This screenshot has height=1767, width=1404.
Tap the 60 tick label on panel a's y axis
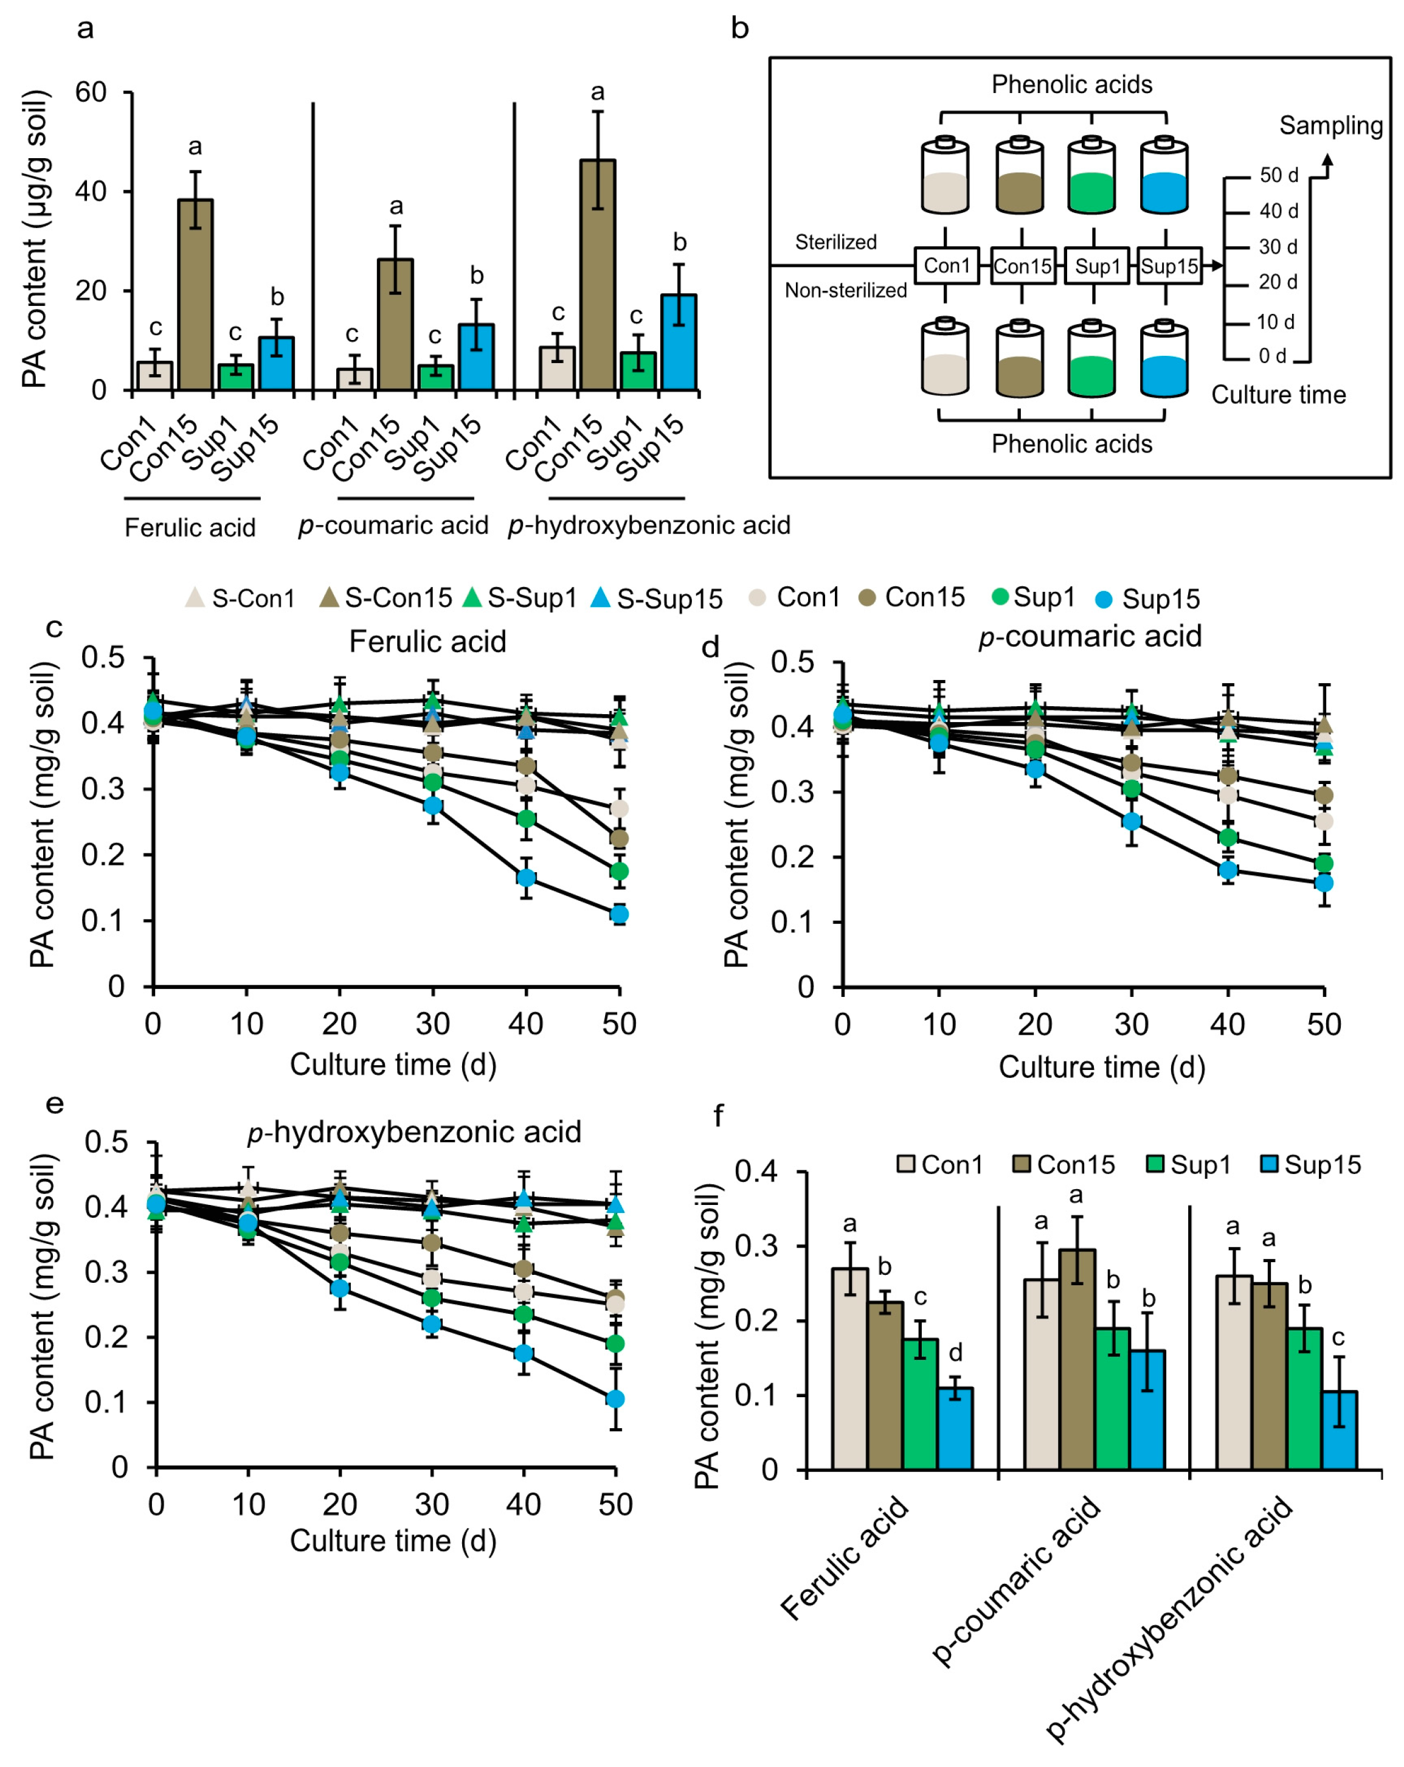91,92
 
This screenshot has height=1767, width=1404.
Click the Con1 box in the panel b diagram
946,266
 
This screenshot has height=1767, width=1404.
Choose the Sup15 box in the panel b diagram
1169,266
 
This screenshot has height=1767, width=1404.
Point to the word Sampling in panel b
1330,125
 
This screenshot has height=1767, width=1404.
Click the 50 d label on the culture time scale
1279,175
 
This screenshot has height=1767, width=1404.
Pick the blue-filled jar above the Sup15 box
1164,177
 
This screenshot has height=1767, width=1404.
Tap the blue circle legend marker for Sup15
1104,599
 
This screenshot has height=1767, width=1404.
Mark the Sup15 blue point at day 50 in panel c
619,914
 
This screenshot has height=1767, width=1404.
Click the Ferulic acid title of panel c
427,641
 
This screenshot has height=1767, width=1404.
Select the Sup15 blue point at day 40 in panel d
1228,870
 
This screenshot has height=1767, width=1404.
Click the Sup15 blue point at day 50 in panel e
615,1399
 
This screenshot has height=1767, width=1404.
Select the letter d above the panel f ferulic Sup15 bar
955,1353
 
